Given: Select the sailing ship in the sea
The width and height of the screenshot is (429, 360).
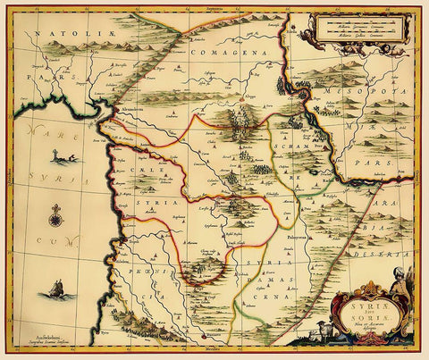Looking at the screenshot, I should [x=56, y=289].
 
